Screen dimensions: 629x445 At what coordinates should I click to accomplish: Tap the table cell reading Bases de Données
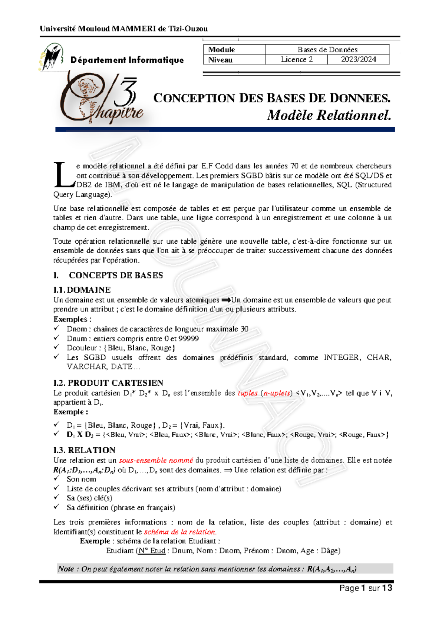327,50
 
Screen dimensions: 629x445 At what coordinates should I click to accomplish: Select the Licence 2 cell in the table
296,60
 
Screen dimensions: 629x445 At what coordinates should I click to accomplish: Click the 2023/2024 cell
358,60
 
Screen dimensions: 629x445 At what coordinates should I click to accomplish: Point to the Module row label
221,50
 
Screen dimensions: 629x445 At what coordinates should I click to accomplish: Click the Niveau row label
220,60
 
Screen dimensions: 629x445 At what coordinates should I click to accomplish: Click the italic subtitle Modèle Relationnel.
329,115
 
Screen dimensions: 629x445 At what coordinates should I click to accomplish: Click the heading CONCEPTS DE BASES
116,275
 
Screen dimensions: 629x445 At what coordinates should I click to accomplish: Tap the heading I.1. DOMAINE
82,290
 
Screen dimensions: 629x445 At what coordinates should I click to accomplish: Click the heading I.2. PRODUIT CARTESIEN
108,383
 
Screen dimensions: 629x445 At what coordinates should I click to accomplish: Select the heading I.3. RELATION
84,450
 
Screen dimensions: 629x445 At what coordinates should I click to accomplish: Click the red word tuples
247,393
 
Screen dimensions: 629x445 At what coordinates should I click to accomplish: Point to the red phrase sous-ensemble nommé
156,460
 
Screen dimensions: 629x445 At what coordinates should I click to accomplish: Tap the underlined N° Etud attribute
151,551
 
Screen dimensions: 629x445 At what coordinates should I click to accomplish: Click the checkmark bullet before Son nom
56,478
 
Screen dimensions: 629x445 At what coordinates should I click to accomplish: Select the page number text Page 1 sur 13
366,588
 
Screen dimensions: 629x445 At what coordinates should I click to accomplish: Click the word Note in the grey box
66,569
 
